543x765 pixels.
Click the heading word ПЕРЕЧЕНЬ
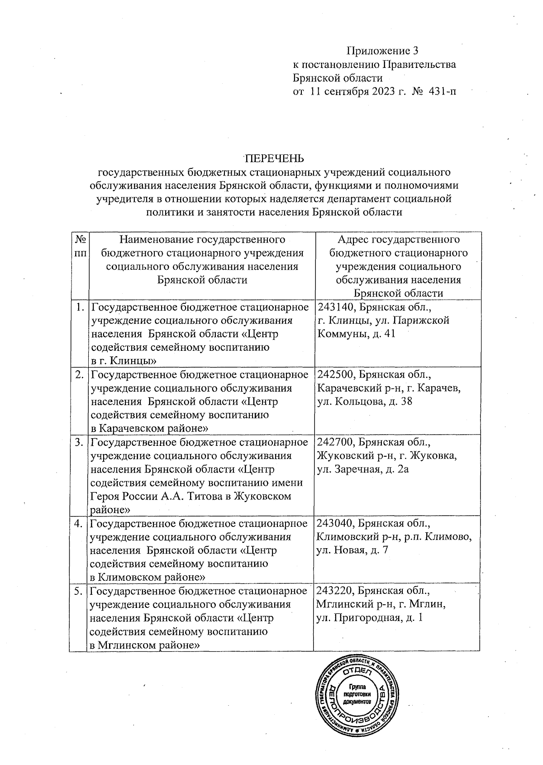(x=274, y=158)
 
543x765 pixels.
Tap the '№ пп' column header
(x=80, y=246)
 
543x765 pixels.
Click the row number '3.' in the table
(x=79, y=442)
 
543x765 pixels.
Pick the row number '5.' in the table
(x=79, y=591)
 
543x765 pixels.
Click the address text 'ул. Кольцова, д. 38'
(x=365, y=402)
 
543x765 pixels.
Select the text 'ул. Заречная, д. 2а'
(x=363, y=469)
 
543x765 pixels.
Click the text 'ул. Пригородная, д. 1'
(x=370, y=618)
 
